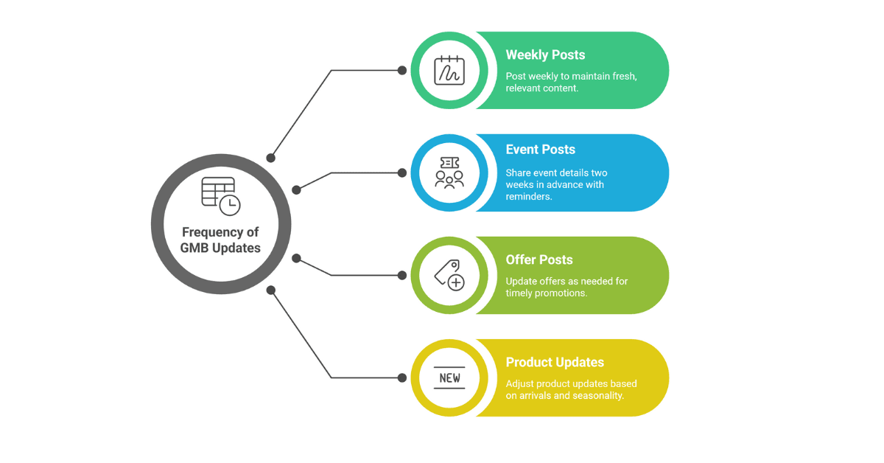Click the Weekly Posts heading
(545, 55)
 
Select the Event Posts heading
(540, 150)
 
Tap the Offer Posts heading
(539, 260)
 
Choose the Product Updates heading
(555, 362)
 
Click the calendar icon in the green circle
(449, 71)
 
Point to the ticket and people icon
(449, 173)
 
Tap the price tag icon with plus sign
(449, 275)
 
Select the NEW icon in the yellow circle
(449, 377)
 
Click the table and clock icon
(221, 195)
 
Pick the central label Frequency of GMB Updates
(221, 240)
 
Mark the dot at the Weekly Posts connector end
(402, 71)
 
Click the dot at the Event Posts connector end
(402, 173)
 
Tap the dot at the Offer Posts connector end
(402, 275)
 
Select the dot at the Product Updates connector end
(402, 377)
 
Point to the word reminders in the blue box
(528, 197)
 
